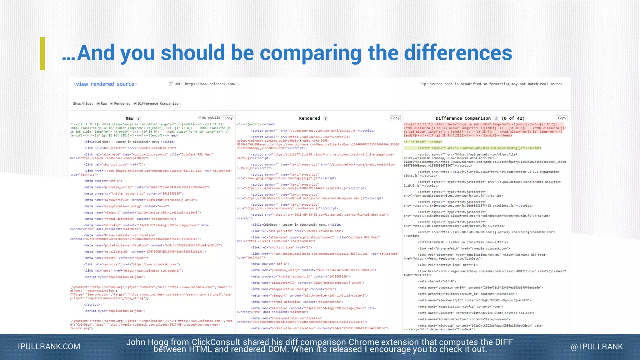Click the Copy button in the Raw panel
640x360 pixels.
point(228,118)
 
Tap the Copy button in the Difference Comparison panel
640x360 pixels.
point(562,118)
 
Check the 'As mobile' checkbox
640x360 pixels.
point(199,118)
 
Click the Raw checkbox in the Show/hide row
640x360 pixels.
point(98,104)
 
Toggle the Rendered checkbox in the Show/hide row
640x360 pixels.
point(112,104)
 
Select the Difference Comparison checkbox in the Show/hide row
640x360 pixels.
point(135,104)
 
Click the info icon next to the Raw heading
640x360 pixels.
point(139,118)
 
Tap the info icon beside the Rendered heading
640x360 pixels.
point(325,118)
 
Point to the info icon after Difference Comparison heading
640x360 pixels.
point(496,118)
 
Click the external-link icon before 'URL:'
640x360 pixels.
point(171,84)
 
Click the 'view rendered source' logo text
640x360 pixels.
point(105,84)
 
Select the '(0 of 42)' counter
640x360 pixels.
point(513,118)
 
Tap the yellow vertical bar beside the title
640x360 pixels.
point(42,53)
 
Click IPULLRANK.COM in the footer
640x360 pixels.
point(49,347)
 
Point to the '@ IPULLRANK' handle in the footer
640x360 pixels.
point(597,347)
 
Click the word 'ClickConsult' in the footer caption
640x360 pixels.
point(216,342)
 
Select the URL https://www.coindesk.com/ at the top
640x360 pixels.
point(210,84)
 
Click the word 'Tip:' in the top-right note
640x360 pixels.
point(424,84)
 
